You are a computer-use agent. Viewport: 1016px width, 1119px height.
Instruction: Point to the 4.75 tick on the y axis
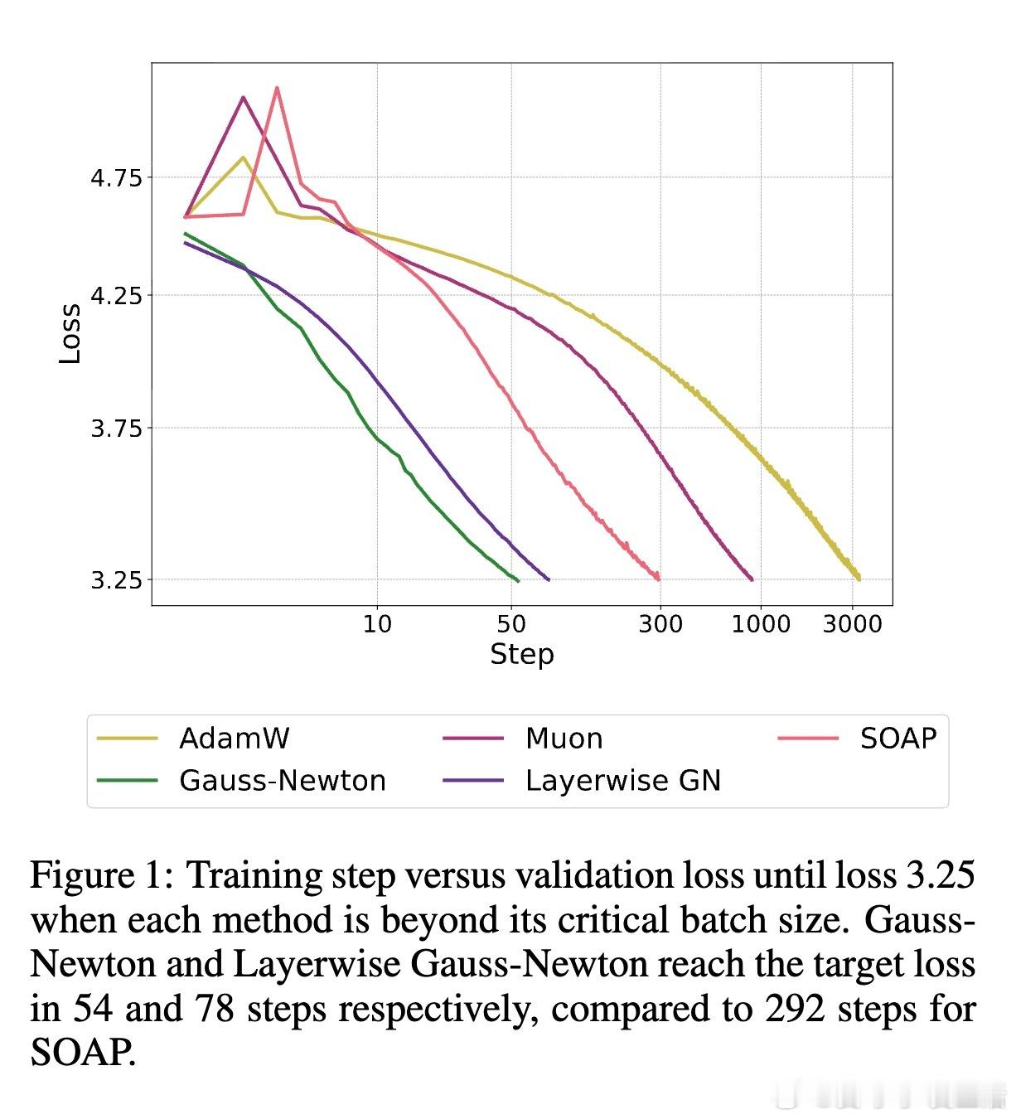click(116, 177)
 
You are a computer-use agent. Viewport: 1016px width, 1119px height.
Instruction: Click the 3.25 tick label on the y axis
click(116, 580)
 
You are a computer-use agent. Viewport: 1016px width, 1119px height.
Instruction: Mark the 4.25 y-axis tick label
click(116, 295)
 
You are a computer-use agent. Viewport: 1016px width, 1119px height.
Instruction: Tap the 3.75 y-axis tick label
click(116, 429)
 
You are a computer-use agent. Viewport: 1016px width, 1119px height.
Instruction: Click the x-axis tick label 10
click(377, 623)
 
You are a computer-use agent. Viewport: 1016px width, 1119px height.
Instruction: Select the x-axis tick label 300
click(660, 623)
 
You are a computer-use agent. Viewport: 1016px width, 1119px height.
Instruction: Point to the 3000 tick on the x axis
click(852, 623)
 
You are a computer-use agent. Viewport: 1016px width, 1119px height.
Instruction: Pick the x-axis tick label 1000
click(761, 623)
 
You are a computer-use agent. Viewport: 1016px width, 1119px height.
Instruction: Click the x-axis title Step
click(521, 654)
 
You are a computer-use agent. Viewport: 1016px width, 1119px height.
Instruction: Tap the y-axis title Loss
click(70, 333)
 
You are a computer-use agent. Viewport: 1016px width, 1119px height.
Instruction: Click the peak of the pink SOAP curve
click(277, 87)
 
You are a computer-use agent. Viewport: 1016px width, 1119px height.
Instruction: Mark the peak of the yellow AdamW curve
click(243, 157)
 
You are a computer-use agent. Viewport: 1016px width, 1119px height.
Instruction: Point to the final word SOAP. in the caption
click(83, 1053)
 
